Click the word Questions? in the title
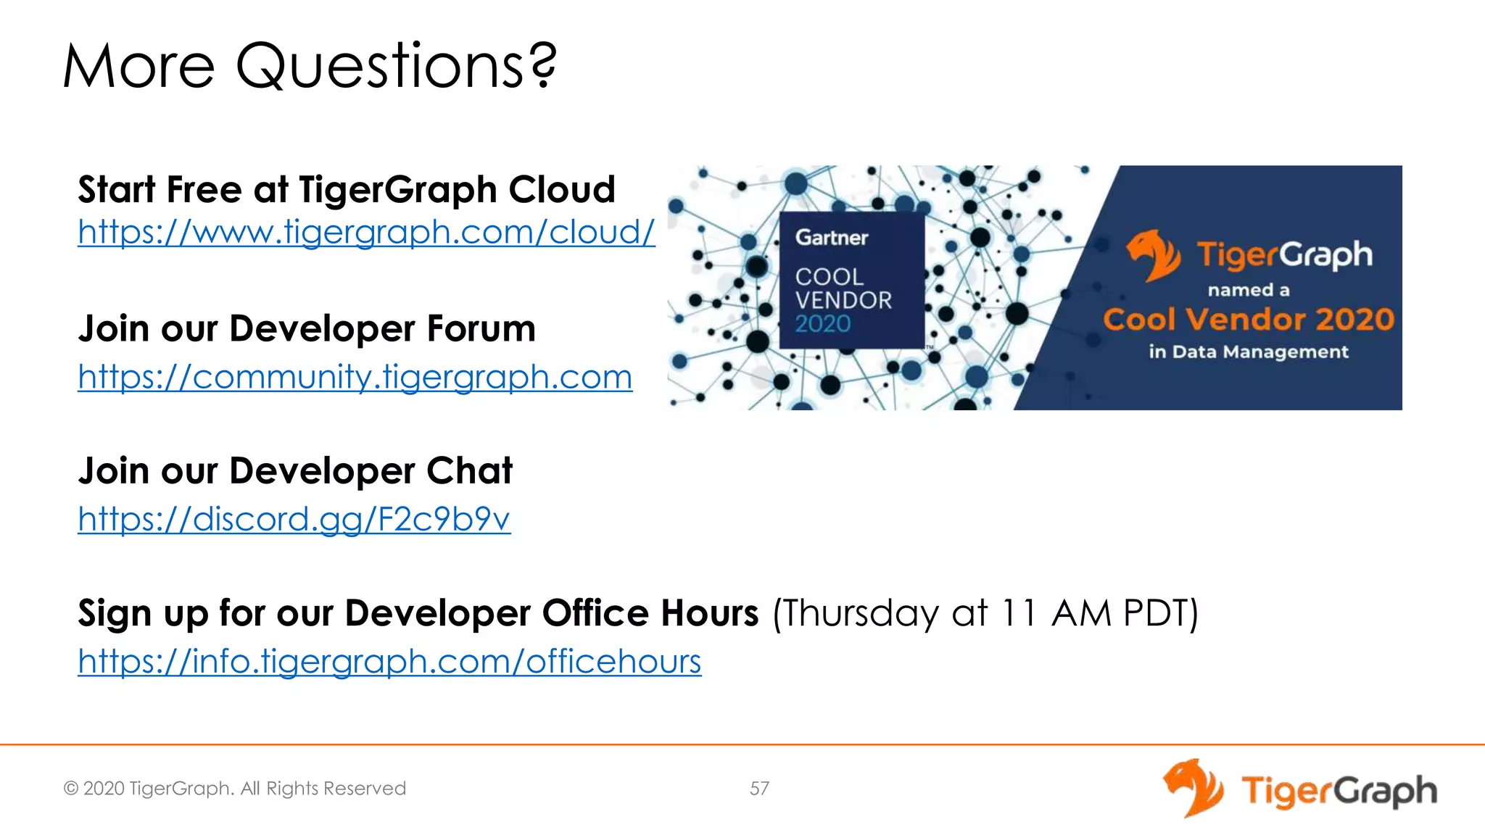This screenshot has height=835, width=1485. tap(396, 67)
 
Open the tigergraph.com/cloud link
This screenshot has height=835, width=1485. tap(366, 233)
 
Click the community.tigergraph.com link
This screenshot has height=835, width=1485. tap(355, 377)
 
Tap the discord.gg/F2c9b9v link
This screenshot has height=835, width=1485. tap(294, 519)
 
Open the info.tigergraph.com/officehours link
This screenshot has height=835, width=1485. tap(389, 661)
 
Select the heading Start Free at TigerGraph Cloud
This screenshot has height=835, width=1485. tap(346, 190)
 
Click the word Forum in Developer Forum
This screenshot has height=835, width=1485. tap(481, 329)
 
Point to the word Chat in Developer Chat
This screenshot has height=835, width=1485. tap(469, 471)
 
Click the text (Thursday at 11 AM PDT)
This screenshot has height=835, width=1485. tap(985, 613)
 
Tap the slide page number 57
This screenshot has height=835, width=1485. tap(759, 789)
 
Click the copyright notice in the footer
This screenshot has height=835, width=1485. tap(234, 789)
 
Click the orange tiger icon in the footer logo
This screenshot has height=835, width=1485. tap(1193, 788)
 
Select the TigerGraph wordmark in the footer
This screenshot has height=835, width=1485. tap(1339, 791)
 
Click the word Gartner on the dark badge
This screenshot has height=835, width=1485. tap(831, 238)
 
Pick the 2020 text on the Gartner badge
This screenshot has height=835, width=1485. tap(822, 323)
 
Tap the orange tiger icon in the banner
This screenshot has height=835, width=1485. tap(1153, 254)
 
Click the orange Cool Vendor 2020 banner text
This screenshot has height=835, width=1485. tap(1248, 320)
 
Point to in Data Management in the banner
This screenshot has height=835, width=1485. tap(1248, 352)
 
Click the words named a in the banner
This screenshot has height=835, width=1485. tap(1248, 291)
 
